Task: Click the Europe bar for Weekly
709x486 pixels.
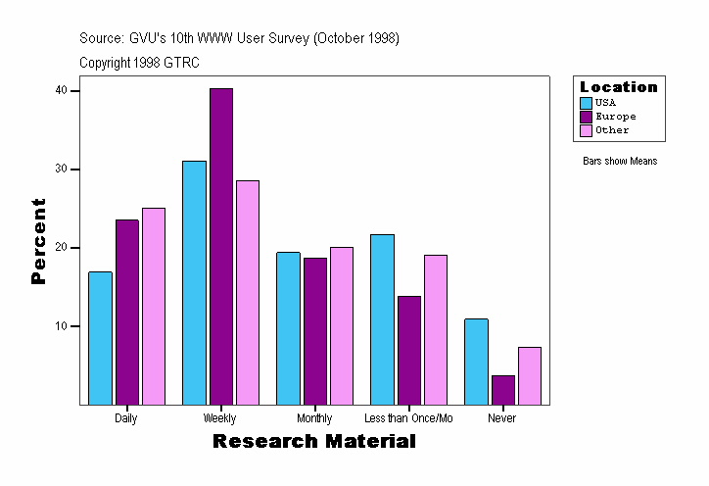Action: (x=221, y=246)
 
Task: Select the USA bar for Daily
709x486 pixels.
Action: (x=100, y=338)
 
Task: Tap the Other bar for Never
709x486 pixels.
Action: (x=530, y=375)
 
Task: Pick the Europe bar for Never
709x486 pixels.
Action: (x=503, y=390)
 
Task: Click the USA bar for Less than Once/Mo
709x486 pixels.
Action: (x=382, y=319)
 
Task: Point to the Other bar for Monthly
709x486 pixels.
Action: (x=342, y=325)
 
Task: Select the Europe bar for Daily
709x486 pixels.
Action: (x=127, y=312)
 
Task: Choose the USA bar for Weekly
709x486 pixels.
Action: (x=194, y=282)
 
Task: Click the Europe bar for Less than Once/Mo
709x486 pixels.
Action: (x=409, y=350)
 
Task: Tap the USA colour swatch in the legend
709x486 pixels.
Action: (x=586, y=103)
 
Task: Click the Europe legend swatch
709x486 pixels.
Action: (x=586, y=117)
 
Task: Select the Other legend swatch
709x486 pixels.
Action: (x=586, y=130)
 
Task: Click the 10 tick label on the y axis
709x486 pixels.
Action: (x=61, y=326)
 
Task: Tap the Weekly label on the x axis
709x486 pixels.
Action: (x=219, y=418)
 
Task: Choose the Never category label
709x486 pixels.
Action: (x=502, y=418)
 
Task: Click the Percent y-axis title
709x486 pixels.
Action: (x=38, y=241)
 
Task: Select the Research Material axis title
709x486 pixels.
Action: (x=314, y=442)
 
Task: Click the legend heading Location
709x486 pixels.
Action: (x=619, y=87)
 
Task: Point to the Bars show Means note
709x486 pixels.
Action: (x=620, y=161)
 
